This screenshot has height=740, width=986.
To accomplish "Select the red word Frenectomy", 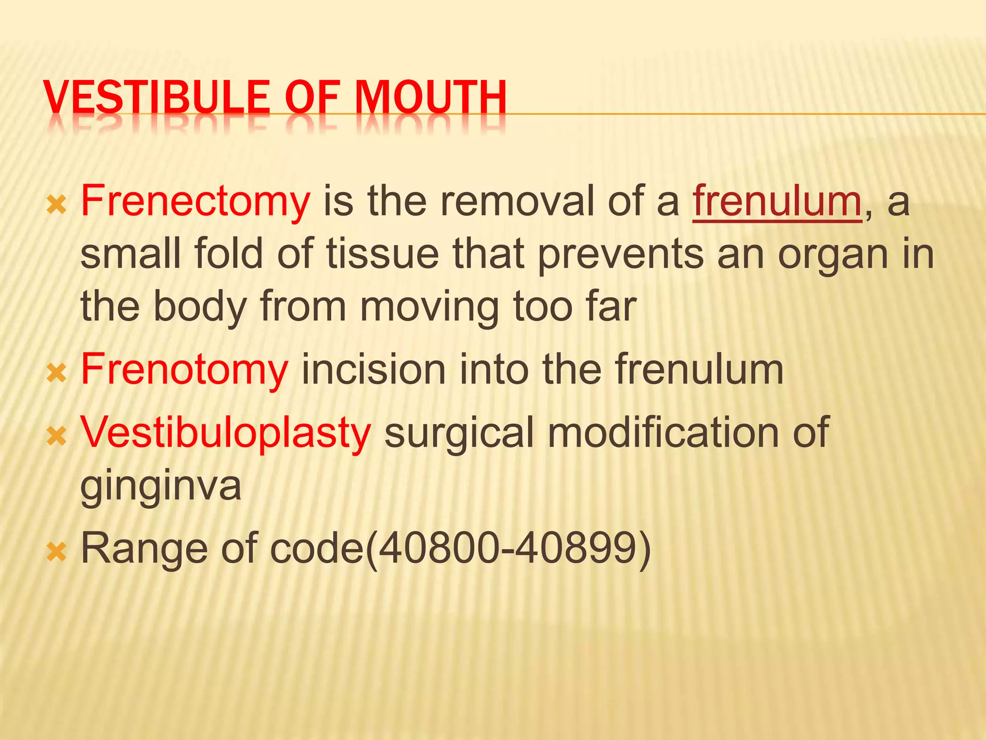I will coord(195,201).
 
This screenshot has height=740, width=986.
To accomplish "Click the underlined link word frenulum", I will coord(777,201).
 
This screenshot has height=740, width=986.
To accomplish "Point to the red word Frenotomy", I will coord(184,370).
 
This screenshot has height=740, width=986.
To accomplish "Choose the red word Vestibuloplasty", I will coord(226,432).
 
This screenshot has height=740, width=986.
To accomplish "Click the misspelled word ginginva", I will coord(161,486).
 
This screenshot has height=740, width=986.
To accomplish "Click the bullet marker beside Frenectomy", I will coord(56,206).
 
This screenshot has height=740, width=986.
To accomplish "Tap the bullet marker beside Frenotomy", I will coord(56,374).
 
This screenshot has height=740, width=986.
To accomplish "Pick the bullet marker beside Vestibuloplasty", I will coord(56,436).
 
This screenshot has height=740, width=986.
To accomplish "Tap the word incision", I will coord(373,370).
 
